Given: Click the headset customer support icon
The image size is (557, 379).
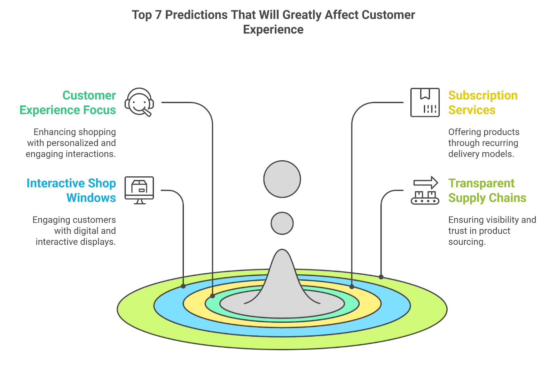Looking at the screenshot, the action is pos(139,102).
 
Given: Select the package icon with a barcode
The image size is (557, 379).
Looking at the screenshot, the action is pos(425,102).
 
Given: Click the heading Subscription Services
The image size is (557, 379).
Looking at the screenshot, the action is pos(483,103).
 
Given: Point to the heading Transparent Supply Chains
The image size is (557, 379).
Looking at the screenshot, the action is pos(487,191).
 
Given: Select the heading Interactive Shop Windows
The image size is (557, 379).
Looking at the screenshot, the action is pos(71,191).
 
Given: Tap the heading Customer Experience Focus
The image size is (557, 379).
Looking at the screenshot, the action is pos(68,103).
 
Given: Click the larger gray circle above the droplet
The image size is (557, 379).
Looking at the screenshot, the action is pos(282,179).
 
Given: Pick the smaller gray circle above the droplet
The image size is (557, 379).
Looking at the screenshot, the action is pos(282,223).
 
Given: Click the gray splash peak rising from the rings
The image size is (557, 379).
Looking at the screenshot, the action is pos(282,276).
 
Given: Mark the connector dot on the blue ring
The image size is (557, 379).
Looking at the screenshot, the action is pos(183,286).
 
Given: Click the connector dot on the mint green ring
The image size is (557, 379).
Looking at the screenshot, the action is pos(212,296).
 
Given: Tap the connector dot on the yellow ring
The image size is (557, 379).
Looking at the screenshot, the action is pos(352,287).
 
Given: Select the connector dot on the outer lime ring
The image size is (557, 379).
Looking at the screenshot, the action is pos(381,277).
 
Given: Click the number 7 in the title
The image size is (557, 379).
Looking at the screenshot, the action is pos(158,15).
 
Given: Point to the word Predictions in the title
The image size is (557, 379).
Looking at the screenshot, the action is pos(196,15).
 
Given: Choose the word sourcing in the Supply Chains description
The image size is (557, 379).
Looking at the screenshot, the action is pos(467,242).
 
